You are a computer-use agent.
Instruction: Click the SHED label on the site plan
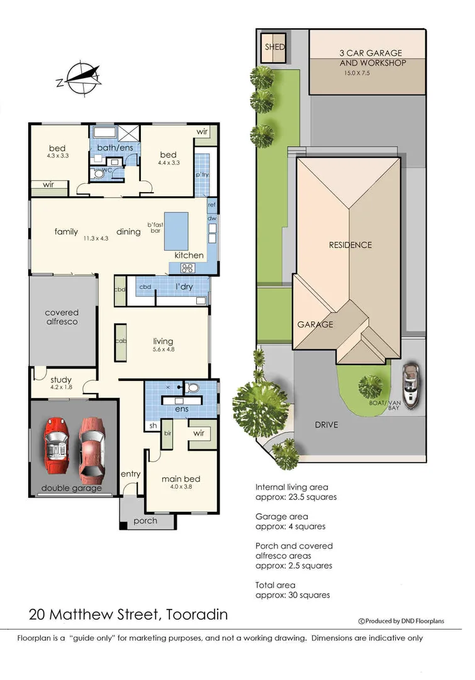coord(274,47)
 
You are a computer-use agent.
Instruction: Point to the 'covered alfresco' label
coord(62,317)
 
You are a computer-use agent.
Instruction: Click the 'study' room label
coord(61,379)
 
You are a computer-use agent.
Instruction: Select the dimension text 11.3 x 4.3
coord(96,239)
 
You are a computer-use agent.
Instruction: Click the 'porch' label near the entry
coord(145,521)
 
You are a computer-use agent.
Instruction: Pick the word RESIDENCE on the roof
coord(350,245)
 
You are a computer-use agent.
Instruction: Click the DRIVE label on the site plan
coord(326,425)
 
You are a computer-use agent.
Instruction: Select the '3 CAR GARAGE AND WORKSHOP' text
coord(372,58)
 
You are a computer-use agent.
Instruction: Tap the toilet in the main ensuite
coord(193,387)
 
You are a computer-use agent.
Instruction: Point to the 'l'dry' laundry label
coord(184,288)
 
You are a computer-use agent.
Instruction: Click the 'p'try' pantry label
coord(202,174)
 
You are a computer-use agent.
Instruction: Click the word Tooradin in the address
coord(198,614)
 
